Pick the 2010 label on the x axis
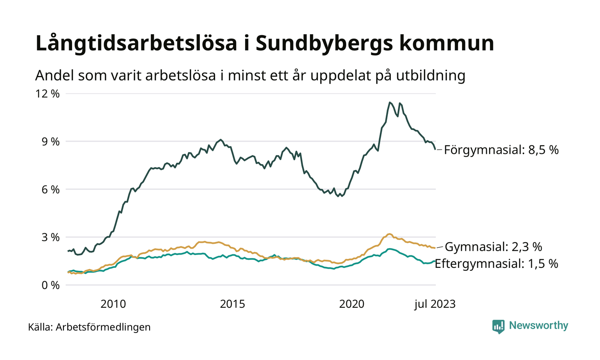click(x=113, y=304)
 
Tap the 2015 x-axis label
click(x=232, y=304)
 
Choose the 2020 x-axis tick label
click(x=351, y=304)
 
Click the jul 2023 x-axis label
click(x=435, y=304)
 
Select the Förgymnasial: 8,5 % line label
click(x=501, y=150)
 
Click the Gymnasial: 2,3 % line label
click(x=494, y=247)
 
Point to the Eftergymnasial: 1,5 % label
click(x=496, y=264)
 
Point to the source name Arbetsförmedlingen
click(x=103, y=327)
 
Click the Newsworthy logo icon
click(x=498, y=326)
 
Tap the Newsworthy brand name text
click(x=538, y=326)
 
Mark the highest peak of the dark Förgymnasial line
click(x=390, y=102)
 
